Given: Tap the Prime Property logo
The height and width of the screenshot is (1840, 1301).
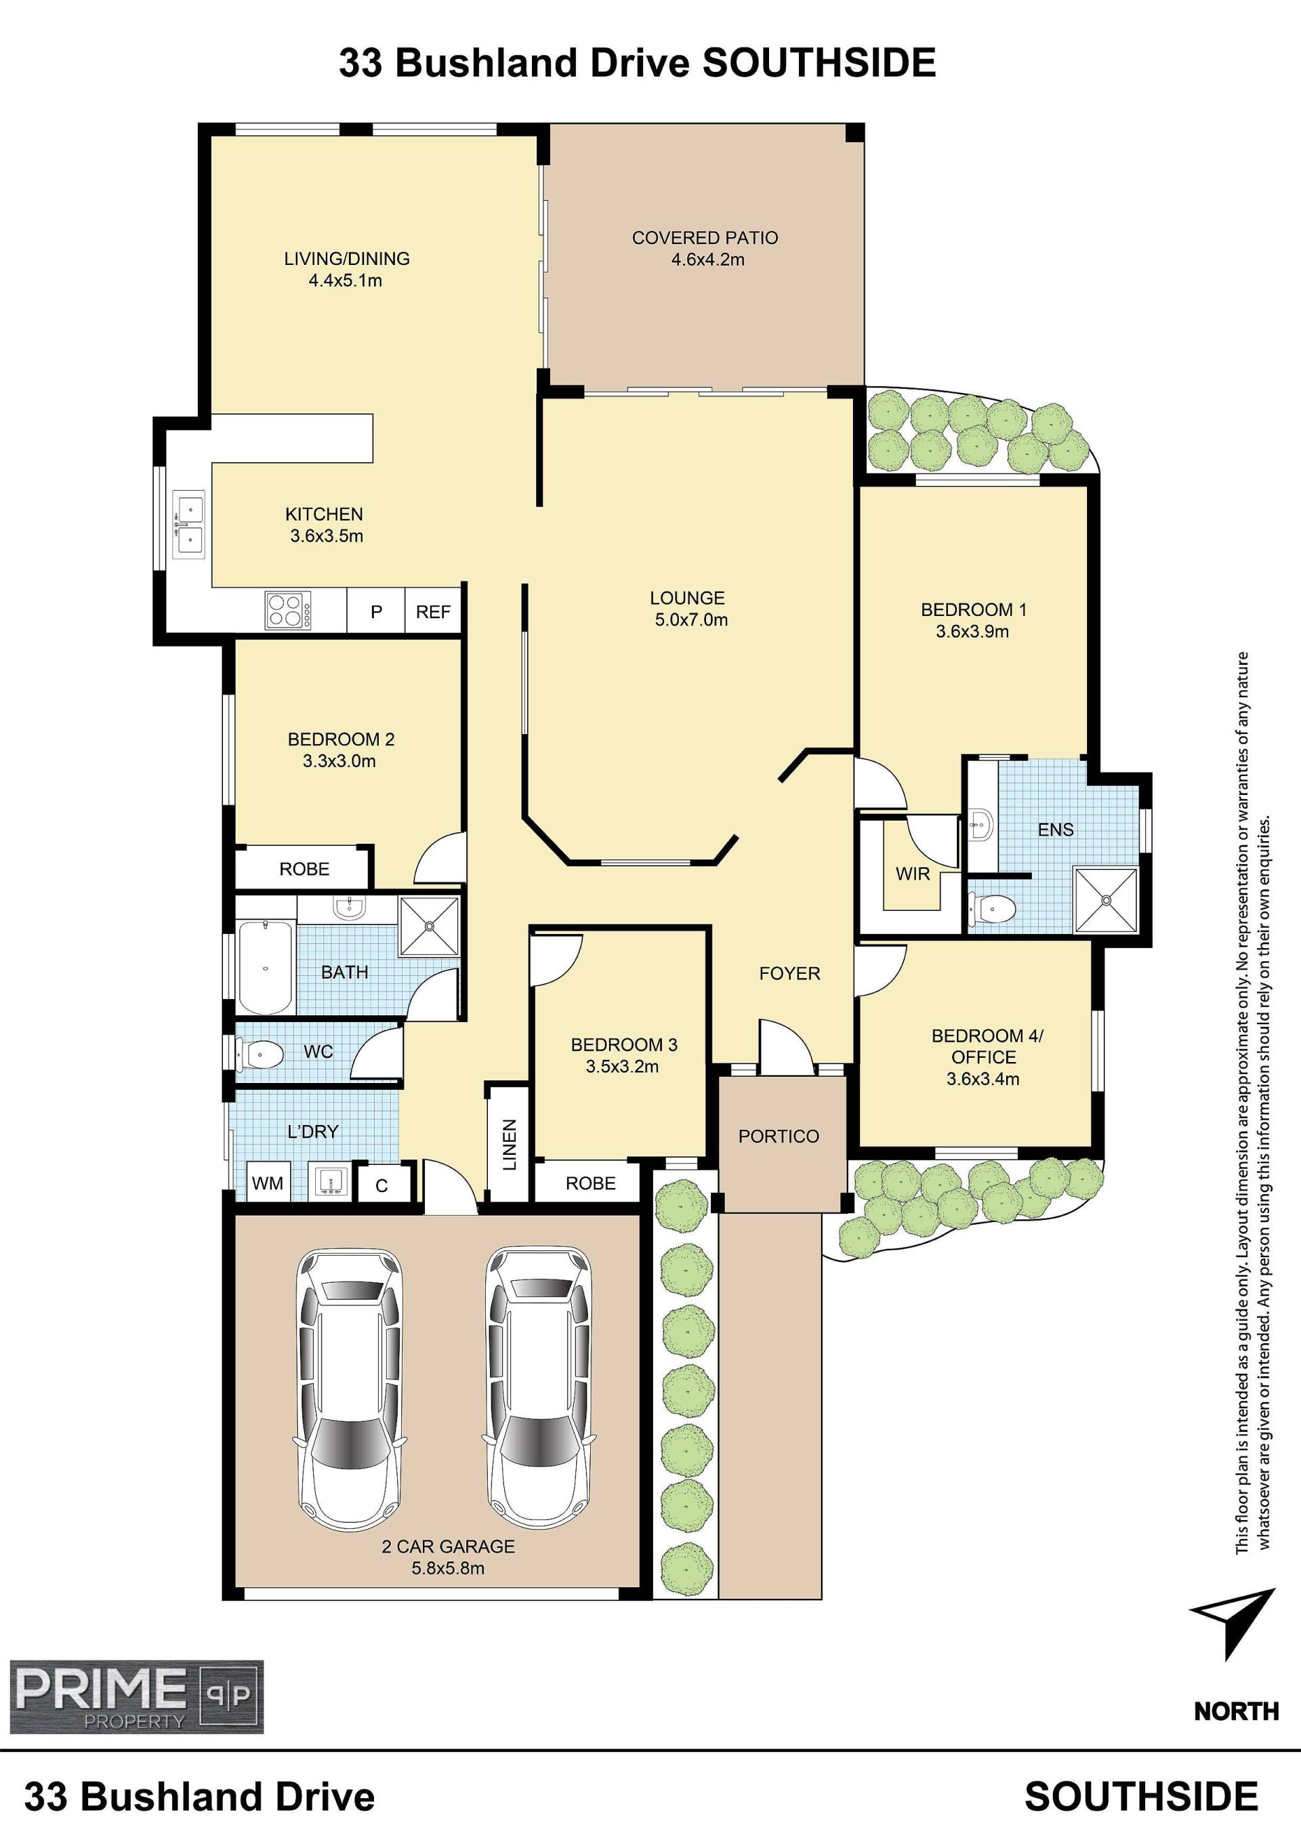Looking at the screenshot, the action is click(136, 1696).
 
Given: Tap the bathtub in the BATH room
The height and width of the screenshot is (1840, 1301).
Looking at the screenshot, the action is click(264, 968).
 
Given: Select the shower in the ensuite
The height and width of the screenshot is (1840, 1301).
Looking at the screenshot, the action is click(1106, 900).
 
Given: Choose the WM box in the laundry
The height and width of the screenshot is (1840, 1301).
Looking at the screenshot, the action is click(268, 1183).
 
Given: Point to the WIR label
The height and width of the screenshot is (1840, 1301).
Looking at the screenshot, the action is click(913, 874).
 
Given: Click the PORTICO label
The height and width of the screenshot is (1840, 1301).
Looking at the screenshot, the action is click(779, 1137).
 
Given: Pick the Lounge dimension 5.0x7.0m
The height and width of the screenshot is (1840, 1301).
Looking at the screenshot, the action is click(691, 619).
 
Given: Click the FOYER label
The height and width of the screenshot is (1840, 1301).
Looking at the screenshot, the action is click(790, 973).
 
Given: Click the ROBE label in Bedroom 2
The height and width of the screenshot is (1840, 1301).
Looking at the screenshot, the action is click(304, 869).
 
